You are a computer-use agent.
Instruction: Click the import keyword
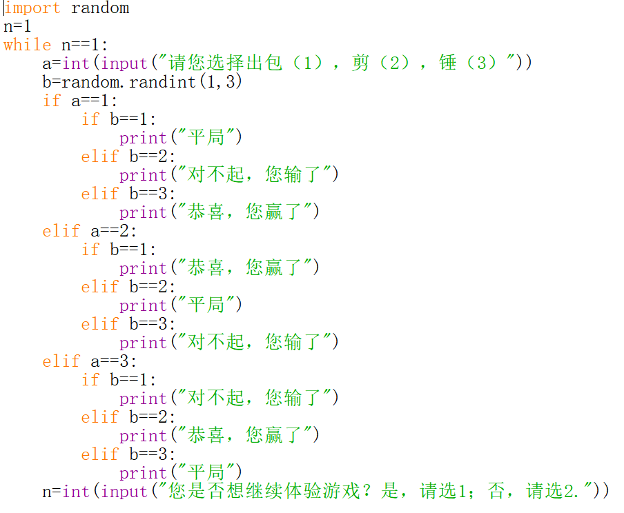tap(32, 8)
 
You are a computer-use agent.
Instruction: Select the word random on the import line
tap(100, 8)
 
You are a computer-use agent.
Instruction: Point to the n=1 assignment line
tap(18, 27)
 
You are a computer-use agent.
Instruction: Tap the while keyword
tap(28, 46)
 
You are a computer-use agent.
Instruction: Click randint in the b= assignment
tap(158, 82)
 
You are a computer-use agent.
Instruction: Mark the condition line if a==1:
tap(80, 101)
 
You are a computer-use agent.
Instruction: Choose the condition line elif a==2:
tap(90, 231)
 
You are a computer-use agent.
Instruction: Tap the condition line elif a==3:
tap(90, 361)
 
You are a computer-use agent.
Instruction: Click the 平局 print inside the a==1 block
tap(181, 138)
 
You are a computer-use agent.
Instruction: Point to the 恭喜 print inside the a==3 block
tap(220, 436)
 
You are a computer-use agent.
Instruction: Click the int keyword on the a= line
tap(76, 63)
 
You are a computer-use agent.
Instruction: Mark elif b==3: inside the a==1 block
tap(128, 194)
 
